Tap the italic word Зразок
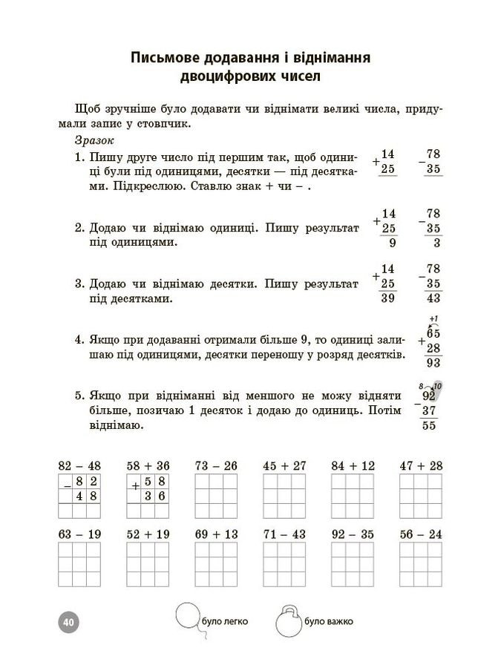click(93, 140)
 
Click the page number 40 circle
click(69, 620)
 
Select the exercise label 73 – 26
click(215, 465)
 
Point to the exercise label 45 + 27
click(284, 465)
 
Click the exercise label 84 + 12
click(353, 465)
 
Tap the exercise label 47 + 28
click(421, 465)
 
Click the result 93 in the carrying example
click(433, 363)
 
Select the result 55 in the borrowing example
click(429, 425)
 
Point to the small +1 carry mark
click(433, 319)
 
